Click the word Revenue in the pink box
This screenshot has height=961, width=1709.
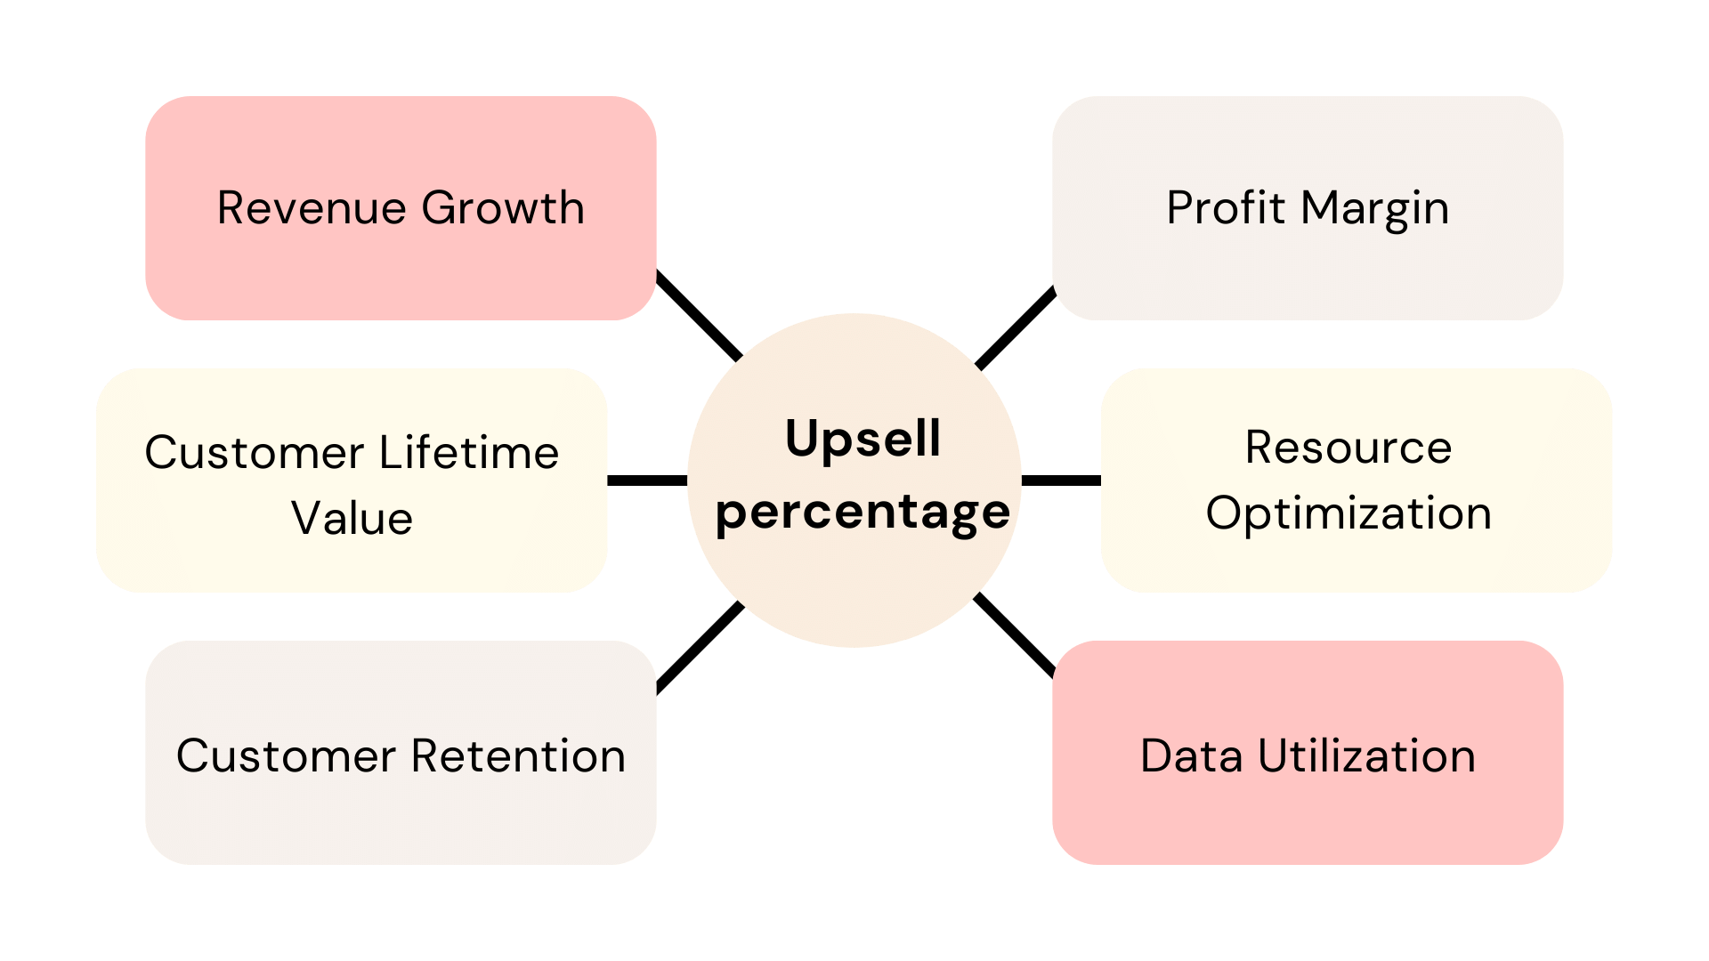click(x=312, y=208)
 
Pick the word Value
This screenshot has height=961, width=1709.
click(x=352, y=518)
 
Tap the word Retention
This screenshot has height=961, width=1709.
click(x=518, y=756)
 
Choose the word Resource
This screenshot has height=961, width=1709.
click(x=1348, y=447)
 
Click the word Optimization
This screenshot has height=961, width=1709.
click(x=1348, y=513)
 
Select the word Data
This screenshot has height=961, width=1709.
click(x=1191, y=756)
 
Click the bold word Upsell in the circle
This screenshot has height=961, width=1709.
click(x=863, y=440)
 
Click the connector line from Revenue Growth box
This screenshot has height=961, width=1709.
click(x=699, y=316)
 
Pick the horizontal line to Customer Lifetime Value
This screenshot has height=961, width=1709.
click(x=647, y=480)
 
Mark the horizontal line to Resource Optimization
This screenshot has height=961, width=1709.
click(x=1061, y=480)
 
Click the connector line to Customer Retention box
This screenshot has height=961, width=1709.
click(x=700, y=647)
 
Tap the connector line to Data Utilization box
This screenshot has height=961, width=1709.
click(x=1015, y=634)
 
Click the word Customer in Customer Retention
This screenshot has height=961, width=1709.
click(x=286, y=756)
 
